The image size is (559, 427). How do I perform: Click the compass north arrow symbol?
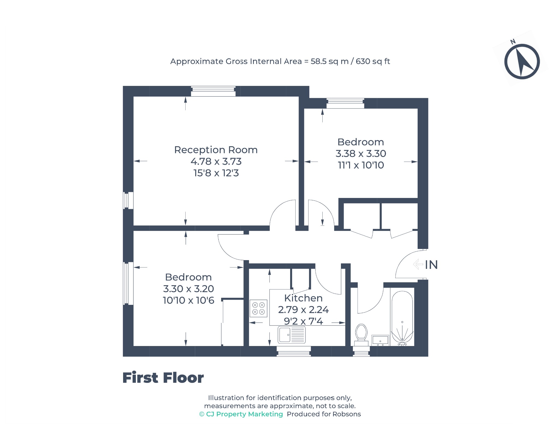(x=522, y=61)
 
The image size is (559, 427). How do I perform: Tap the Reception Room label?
(x=216, y=150)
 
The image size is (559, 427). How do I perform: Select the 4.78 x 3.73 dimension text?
(x=216, y=161)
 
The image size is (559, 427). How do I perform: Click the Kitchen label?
(x=303, y=298)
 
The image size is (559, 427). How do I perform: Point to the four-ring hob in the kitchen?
(x=258, y=308)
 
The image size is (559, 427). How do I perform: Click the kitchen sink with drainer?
(x=292, y=335)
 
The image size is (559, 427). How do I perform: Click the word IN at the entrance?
(x=431, y=265)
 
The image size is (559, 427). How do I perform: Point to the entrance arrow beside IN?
(x=418, y=264)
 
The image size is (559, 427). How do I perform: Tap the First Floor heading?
(x=163, y=378)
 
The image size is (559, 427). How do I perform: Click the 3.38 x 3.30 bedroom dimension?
(x=361, y=154)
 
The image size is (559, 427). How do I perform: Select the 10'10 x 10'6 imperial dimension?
(x=188, y=300)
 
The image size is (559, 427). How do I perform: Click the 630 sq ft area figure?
(x=373, y=61)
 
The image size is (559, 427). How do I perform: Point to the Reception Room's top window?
(x=213, y=91)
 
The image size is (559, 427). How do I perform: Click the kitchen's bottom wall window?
(x=294, y=351)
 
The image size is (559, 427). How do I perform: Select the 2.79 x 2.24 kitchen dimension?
(x=303, y=310)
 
